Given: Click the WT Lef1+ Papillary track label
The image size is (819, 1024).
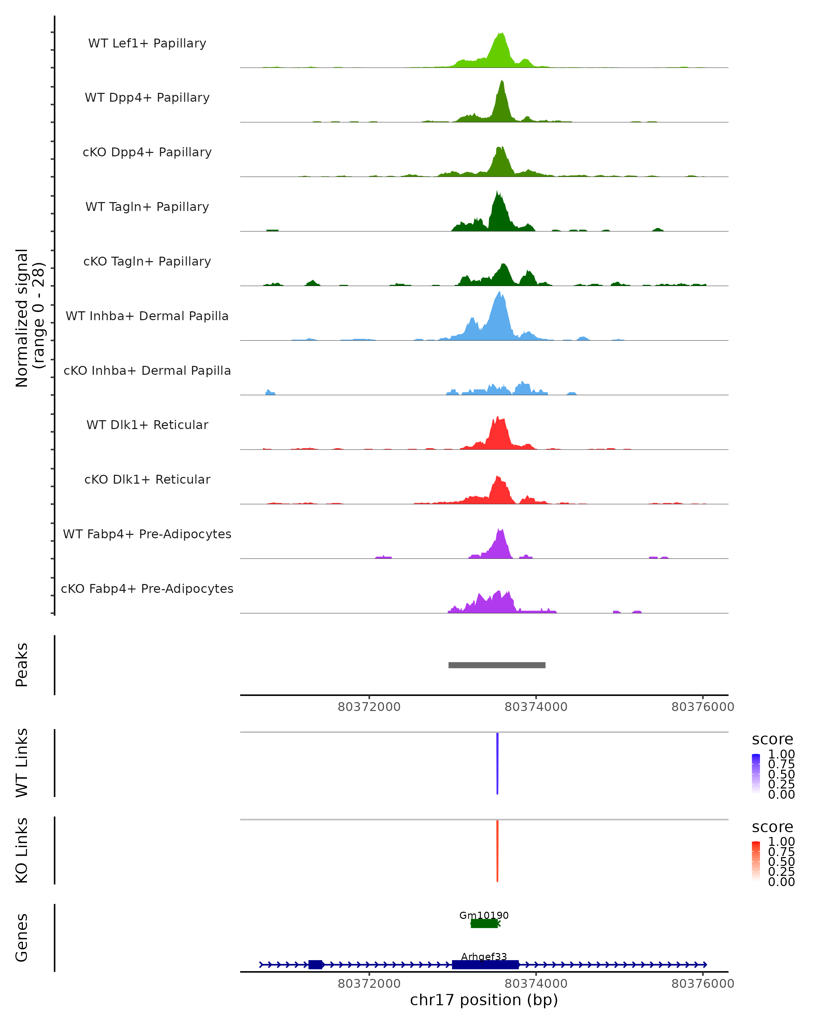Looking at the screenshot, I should [147, 43].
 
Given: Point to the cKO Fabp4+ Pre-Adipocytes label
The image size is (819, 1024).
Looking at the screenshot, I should [147, 588].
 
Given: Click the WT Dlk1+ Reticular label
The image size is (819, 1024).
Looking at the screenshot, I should [147, 425].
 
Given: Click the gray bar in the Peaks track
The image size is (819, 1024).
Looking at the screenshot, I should [497, 665].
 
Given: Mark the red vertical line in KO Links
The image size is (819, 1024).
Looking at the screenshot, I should [497, 851].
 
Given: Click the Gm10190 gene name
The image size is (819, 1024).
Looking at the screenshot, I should [484, 915].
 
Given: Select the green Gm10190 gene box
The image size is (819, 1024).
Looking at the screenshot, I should [484, 923].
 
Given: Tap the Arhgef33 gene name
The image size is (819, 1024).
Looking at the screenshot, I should [484, 956].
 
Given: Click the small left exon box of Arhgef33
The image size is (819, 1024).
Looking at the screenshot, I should [315, 965].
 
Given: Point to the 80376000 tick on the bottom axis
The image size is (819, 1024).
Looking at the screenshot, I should [703, 984].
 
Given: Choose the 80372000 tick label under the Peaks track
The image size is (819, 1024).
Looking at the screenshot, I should [369, 707].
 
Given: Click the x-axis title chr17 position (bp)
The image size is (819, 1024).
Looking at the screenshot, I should [484, 1000].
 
